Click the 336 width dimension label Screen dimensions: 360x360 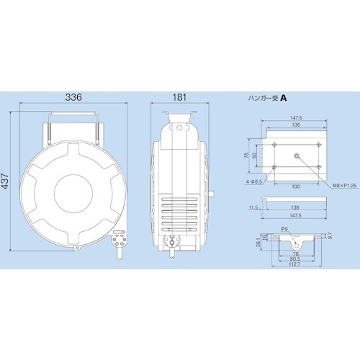pos(73,96)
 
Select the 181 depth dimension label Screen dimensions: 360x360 pos(180,96)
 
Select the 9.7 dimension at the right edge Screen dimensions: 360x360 pos(330,235)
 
